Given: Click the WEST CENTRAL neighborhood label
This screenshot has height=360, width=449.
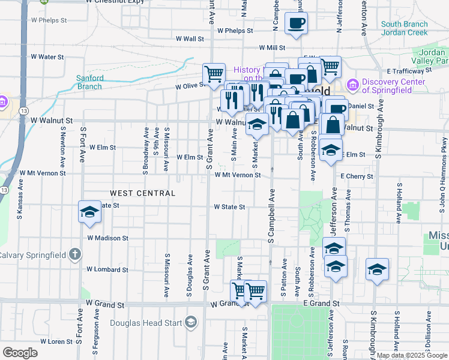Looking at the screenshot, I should point(143,193).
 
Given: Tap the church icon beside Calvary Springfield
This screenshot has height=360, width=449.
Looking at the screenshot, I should point(74,254).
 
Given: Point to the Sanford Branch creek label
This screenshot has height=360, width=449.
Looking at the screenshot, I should point(89,82).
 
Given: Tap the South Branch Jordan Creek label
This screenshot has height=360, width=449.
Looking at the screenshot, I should point(404,28).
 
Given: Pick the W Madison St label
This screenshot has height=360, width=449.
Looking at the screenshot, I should point(107,238).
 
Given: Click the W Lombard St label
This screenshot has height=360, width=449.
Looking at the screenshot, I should point(107,269).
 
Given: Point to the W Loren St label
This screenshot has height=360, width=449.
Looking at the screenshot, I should point(56,341).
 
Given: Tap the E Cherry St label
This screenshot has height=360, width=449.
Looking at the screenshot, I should point(357,176).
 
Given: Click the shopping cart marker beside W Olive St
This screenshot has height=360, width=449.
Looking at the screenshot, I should point(214,74).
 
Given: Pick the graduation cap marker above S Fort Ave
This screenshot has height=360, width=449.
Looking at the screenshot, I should point(89,212).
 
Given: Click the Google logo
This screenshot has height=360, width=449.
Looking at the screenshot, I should point(20,353).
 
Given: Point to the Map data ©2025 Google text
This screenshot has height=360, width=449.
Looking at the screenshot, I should point(411,355).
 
